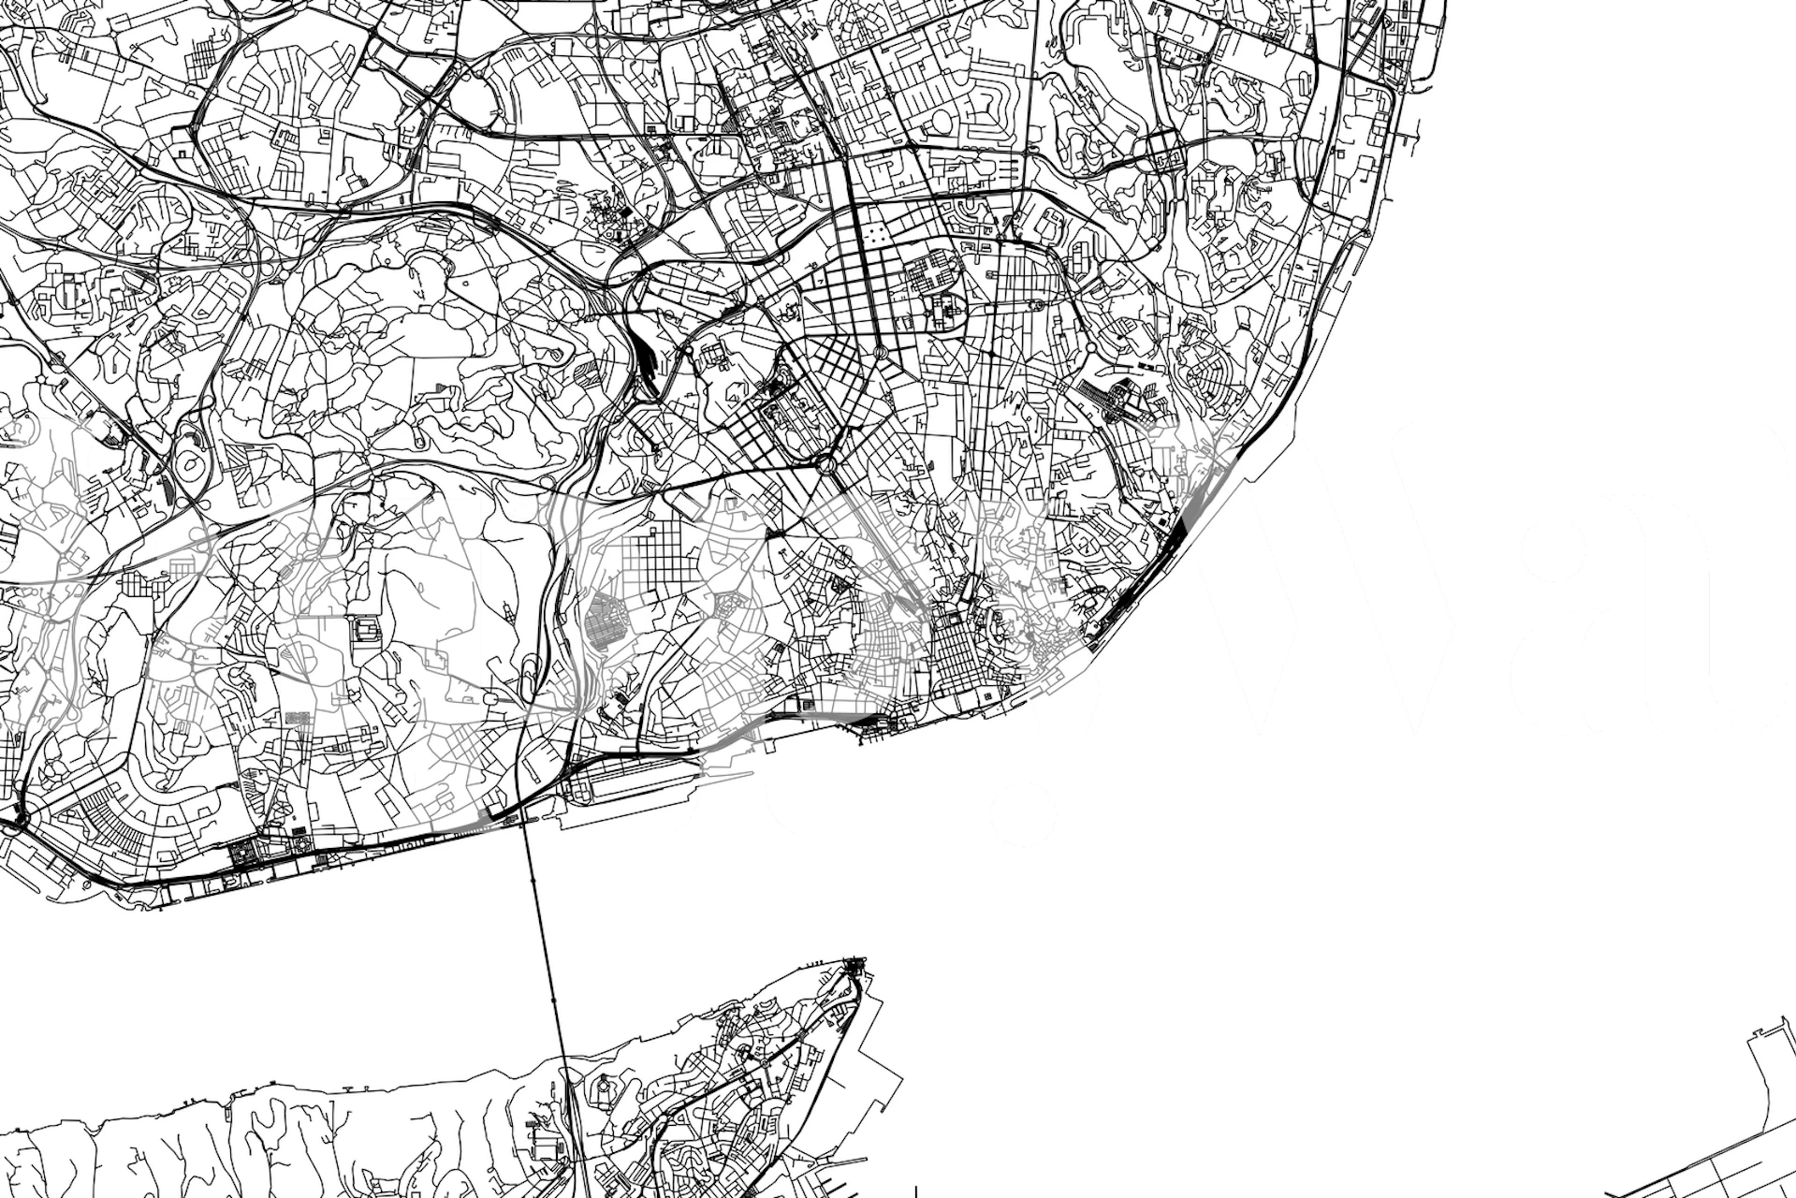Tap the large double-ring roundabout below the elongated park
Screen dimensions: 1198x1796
click(x=825, y=464)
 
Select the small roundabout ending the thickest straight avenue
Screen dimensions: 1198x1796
click(x=880, y=352)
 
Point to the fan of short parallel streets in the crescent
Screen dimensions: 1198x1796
click(x=112, y=824)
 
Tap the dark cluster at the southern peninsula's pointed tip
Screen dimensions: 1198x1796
click(x=854, y=966)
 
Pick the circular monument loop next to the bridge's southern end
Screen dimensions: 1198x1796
click(x=603, y=1086)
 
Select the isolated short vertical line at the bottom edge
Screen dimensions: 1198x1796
click(x=915, y=1190)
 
